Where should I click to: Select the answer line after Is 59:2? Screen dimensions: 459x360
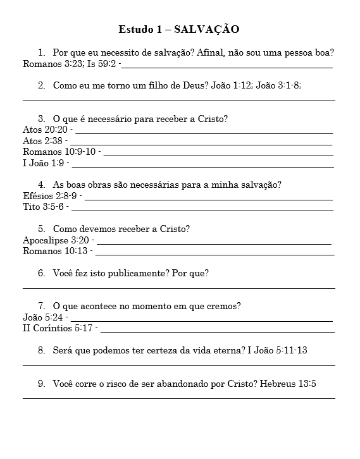[x=228, y=66]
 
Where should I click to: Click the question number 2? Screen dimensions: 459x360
[x=41, y=85]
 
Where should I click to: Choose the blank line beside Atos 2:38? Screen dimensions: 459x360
[x=202, y=144]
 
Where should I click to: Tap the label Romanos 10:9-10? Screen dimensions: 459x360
[x=59, y=152]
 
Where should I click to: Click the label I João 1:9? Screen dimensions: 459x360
[x=44, y=163]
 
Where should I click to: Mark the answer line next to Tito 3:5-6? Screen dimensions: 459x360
[x=202, y=210]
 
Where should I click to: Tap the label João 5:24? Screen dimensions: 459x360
[x=43, y=317]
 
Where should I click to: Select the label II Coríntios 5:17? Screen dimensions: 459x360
[x=58, y=329]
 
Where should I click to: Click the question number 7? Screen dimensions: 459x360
[x=41, y=307]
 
